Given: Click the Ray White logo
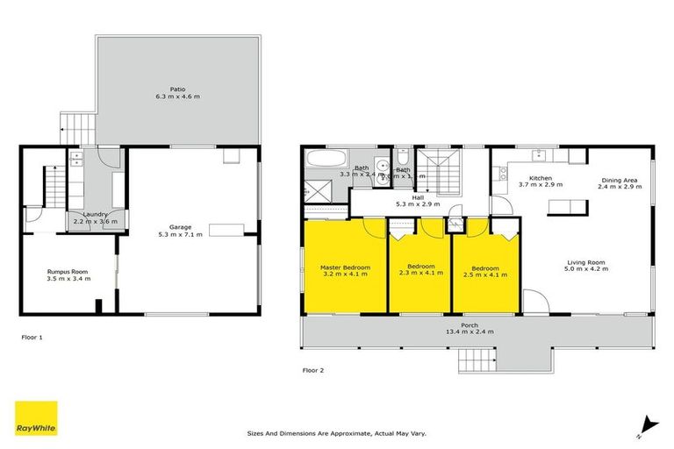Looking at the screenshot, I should (x=36, y=418).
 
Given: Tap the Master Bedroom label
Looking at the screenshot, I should (x=345, y=267).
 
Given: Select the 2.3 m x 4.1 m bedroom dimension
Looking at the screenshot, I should (x=419, y=274).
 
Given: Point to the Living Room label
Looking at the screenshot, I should (x=587, y=262).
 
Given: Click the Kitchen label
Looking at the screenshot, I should (x=540, y=178).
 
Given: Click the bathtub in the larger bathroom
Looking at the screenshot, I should (x=326, y=159).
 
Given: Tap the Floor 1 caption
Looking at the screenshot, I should (x=32, y=336).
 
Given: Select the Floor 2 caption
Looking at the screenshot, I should (x=313, y=370).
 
